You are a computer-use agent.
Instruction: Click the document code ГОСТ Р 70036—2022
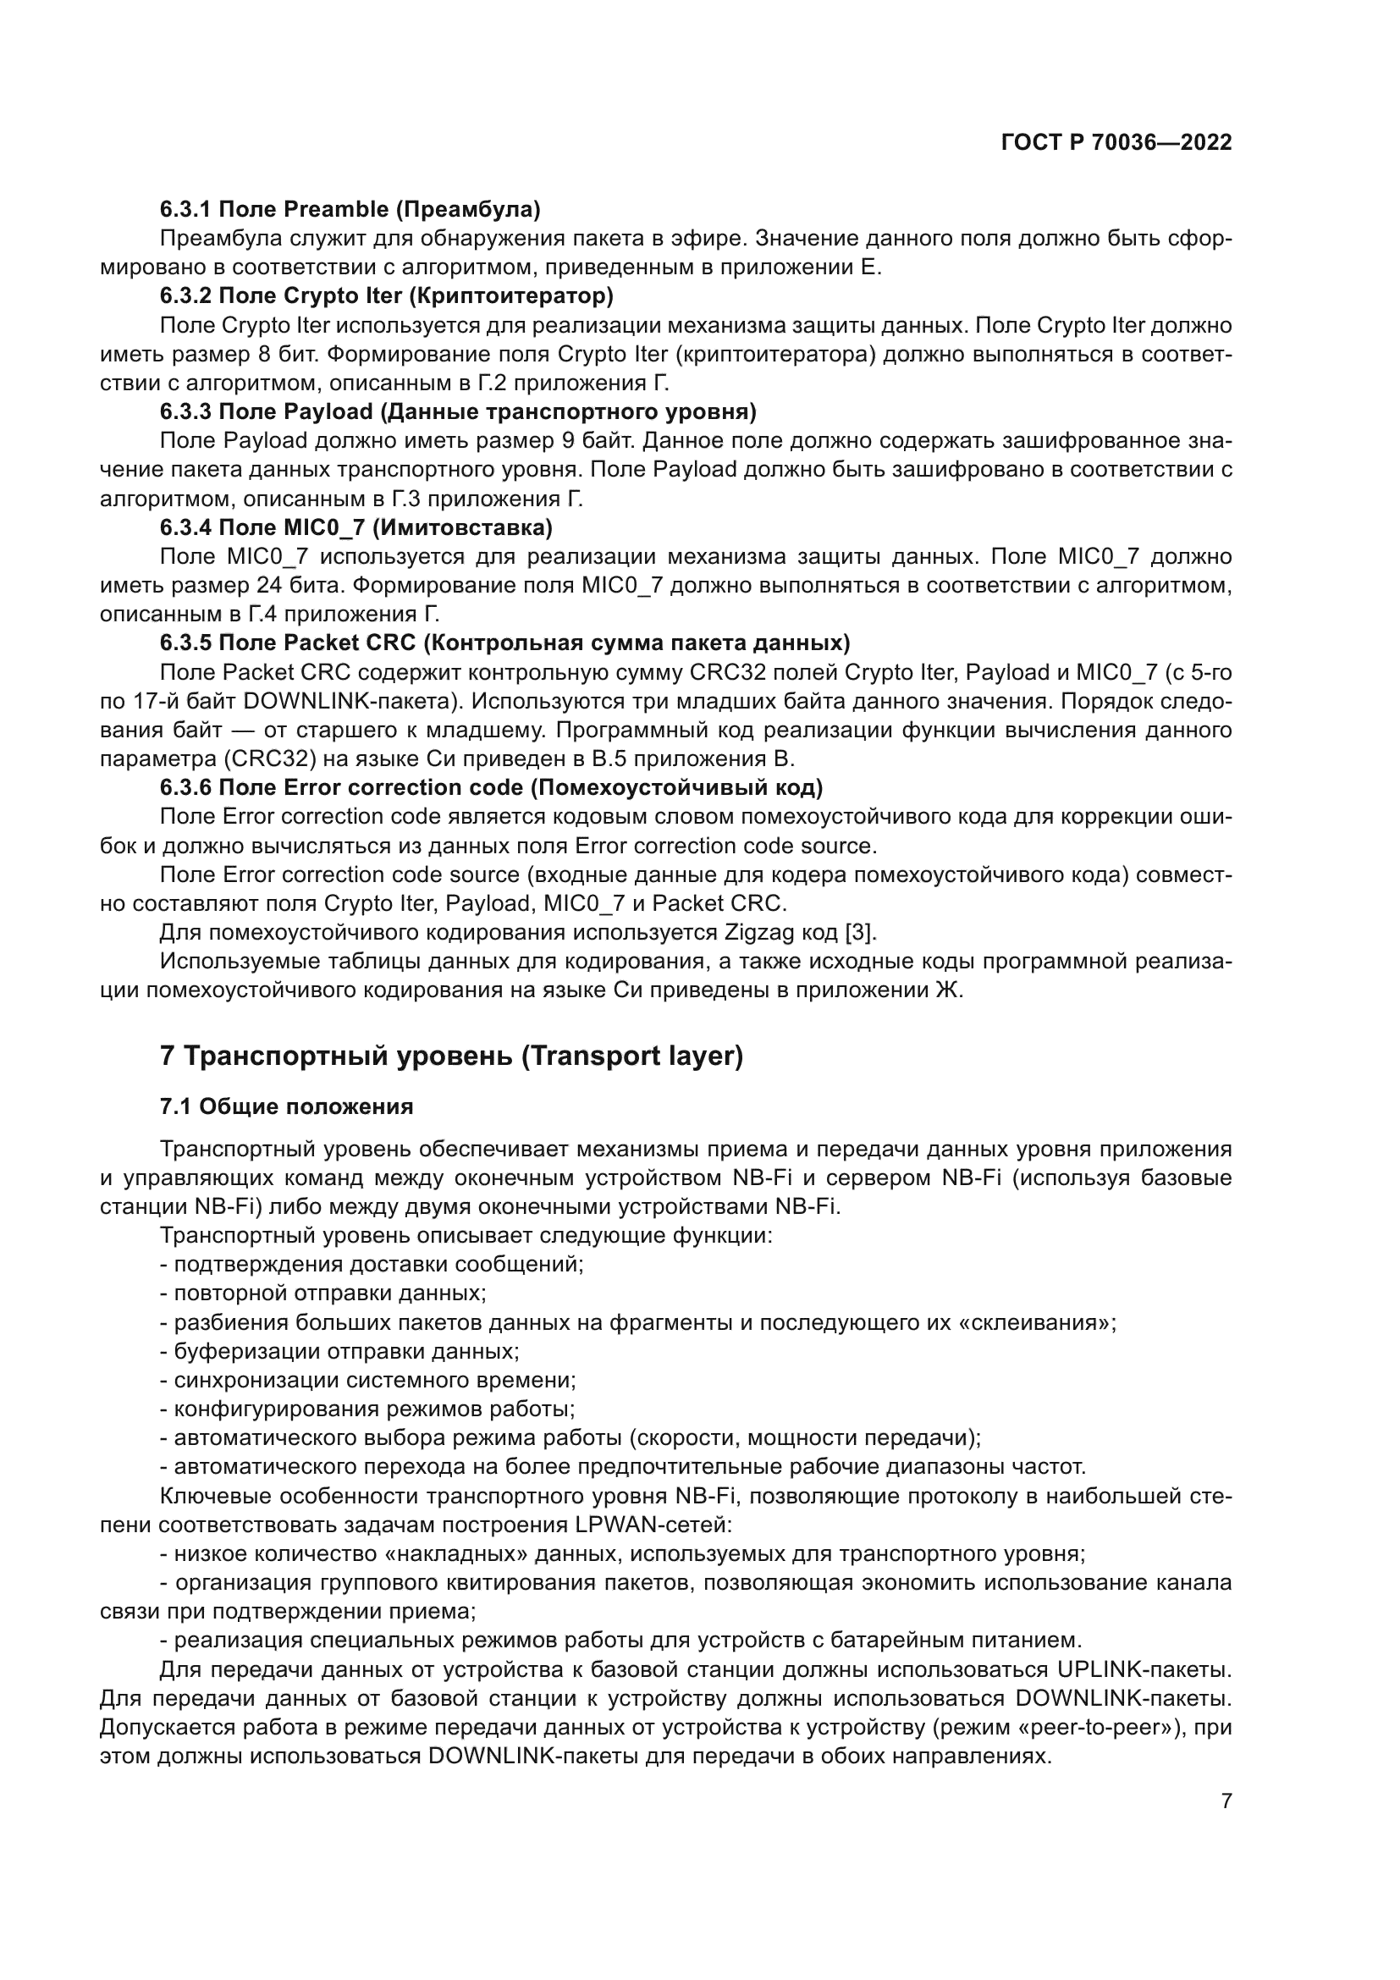(x=1116, y=142)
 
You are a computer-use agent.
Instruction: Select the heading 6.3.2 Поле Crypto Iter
(x=386, y=295)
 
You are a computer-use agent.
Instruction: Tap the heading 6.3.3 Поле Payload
(x=458, y=411)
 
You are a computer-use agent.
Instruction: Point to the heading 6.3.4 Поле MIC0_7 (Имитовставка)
(x=356, y=527)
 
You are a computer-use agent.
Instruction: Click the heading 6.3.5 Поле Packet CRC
(x=504, y=643)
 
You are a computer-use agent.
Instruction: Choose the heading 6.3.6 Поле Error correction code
(x=491, y=787)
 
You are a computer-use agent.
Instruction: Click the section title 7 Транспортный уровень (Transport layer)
(x=451, y=1056)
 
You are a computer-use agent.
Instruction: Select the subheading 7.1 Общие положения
(x=286, y=1106)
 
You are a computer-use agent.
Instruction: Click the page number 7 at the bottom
(x=1226, y=1801)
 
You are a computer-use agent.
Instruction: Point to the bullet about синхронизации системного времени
(x=368, y=1380)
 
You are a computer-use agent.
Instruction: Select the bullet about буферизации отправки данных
(x=339, y=1351)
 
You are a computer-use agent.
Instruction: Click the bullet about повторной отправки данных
(x=323, y=1293)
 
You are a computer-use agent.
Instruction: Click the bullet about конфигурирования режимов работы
(x=368, y=1409)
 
